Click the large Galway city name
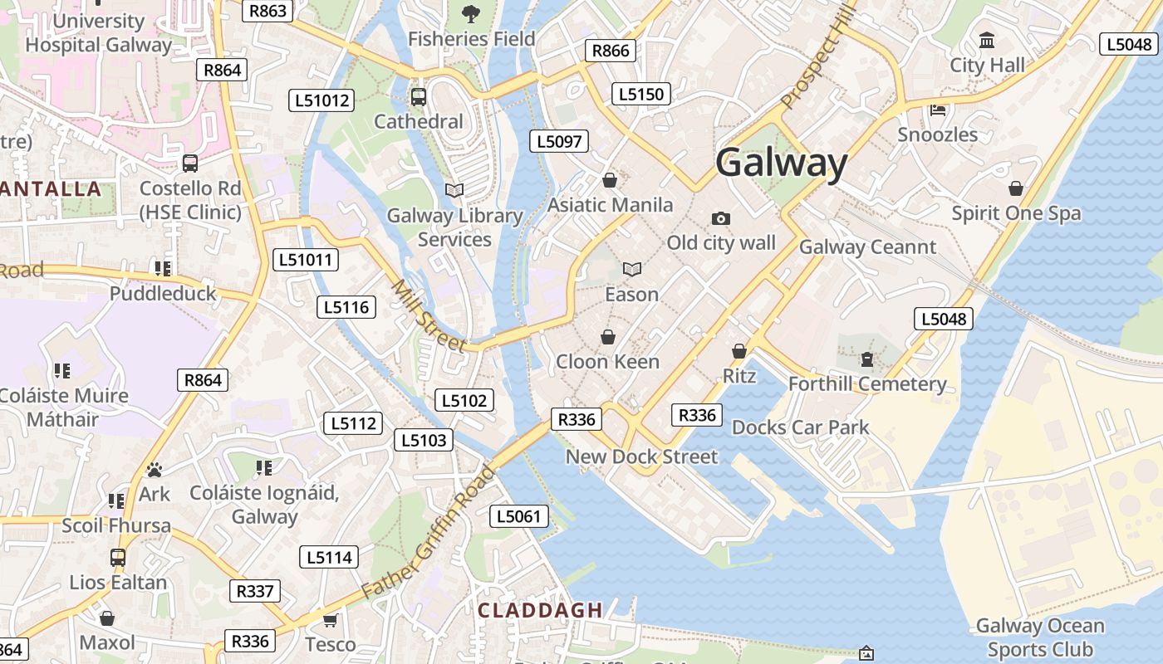781,163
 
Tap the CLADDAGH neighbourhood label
540,610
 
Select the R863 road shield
267,11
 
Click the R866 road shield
611,51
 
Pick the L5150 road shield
640,94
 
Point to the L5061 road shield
518,516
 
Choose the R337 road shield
254,591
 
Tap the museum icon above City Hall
987,40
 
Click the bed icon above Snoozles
938,110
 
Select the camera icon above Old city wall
721,218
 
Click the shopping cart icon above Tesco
330,620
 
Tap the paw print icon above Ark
154,470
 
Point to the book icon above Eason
632,269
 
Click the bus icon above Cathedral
419,97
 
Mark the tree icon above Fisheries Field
470,13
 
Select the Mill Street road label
428,316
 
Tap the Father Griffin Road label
429,533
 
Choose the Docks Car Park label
800,427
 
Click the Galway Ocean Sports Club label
1039,637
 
